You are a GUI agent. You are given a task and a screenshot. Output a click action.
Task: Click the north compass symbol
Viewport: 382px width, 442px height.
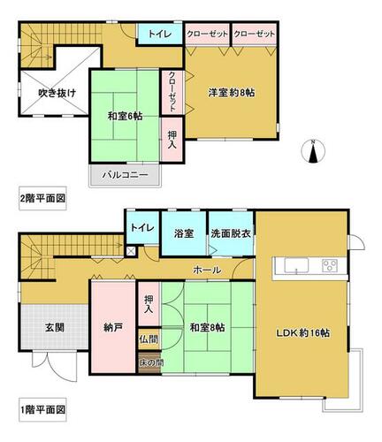point(313,151)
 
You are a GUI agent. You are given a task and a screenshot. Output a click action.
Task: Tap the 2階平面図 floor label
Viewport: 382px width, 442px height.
point(42,198)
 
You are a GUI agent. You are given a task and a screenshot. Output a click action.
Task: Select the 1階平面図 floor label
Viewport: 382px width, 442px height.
point(42,409)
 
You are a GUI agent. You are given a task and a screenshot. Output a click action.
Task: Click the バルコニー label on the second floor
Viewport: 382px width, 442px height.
point(125,175)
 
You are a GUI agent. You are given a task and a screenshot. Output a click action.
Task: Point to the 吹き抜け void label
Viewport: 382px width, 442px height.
point(57,93)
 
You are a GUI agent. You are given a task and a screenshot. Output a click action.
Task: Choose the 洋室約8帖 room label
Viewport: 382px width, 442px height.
point(232,93)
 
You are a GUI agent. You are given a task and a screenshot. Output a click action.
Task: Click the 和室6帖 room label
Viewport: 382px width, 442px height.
point(125,116)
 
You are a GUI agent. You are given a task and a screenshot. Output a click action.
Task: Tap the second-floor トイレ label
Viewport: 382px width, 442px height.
point(160,34)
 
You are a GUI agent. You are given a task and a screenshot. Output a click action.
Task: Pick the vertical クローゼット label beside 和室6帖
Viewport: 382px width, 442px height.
point(172,92)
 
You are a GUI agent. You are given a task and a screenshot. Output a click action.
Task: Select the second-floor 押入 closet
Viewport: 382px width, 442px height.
point(172,140)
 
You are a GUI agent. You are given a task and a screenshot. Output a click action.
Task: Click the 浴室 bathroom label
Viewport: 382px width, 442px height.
point(184,233)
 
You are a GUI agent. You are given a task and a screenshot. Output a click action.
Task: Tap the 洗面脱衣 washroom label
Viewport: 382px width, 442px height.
point(231,233)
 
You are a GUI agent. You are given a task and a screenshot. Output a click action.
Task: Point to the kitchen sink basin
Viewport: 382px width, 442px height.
point(296,265)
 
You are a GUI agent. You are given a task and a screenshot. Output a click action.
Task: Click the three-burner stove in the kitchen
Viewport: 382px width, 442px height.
point(330,265)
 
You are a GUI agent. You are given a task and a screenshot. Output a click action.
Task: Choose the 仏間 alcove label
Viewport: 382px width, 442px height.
point(149,339)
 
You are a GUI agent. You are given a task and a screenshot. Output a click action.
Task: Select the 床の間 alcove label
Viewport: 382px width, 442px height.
point(151,362)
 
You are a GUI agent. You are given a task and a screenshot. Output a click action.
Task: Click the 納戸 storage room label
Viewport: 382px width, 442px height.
point(113,327)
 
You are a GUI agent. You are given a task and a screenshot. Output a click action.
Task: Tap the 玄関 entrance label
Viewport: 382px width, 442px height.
point(55,327)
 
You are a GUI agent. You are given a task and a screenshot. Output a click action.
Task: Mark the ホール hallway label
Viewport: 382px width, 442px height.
point(207,270)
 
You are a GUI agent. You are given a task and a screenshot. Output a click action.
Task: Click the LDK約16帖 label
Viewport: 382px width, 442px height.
point(302,333)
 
